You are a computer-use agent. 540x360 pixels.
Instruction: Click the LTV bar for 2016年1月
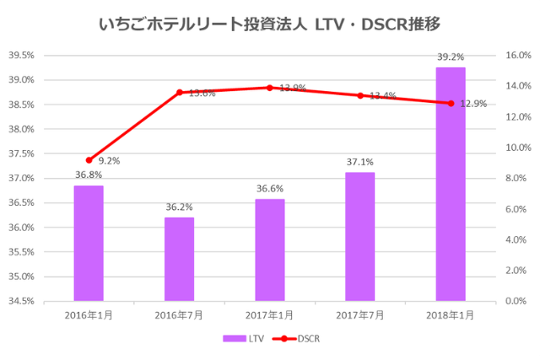89,243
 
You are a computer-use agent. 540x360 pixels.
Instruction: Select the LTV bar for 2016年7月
179,259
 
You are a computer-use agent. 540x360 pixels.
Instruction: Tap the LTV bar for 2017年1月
270,250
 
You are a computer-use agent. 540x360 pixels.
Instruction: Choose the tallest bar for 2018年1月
451,184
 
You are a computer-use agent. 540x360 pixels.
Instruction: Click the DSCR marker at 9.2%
89,159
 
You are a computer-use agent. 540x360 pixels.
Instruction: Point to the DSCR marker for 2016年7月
179,92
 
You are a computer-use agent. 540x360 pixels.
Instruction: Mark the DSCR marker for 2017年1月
270,88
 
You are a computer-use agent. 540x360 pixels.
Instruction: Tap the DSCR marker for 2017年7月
360,95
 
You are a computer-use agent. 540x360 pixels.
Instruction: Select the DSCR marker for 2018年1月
451,103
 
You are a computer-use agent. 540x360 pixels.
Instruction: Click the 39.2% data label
451,57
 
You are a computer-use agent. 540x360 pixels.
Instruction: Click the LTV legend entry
245,338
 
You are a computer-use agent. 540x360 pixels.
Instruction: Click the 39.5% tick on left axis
21,56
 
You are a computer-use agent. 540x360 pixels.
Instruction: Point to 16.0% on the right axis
517,56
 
